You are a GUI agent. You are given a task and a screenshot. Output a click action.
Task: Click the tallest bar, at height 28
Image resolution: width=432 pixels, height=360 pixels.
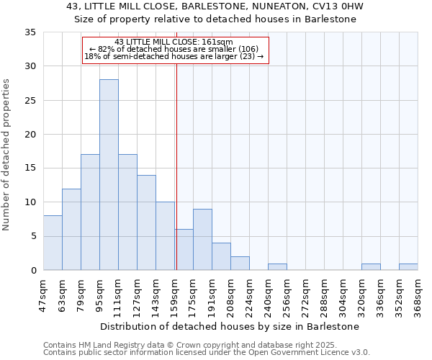109,174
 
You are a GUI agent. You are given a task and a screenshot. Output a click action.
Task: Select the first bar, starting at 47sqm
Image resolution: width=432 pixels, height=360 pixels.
53,243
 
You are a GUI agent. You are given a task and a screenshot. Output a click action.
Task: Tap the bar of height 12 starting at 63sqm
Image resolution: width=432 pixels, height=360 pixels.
71,229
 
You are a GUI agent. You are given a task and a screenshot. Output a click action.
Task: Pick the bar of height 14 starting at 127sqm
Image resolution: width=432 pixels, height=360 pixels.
146,222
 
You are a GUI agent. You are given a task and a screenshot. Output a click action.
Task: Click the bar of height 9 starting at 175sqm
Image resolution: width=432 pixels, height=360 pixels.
202,239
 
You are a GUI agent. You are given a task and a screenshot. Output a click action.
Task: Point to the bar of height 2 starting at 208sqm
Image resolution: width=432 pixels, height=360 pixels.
240,263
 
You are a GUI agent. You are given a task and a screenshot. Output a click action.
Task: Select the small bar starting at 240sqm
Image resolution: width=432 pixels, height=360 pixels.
277,266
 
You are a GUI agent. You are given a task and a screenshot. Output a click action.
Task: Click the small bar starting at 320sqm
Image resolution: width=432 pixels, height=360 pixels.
371,266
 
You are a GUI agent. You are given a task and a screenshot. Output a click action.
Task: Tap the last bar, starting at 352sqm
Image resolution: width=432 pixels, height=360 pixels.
408,266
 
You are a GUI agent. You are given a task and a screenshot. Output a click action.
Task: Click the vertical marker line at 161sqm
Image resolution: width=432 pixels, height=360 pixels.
176,166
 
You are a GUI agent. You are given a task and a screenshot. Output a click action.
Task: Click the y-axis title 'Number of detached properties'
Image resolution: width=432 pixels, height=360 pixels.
7,154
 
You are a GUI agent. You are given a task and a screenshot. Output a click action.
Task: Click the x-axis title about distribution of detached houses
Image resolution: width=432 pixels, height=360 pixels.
229,326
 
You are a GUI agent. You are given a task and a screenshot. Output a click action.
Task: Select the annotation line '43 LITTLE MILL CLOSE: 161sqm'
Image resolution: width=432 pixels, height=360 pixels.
174,42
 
